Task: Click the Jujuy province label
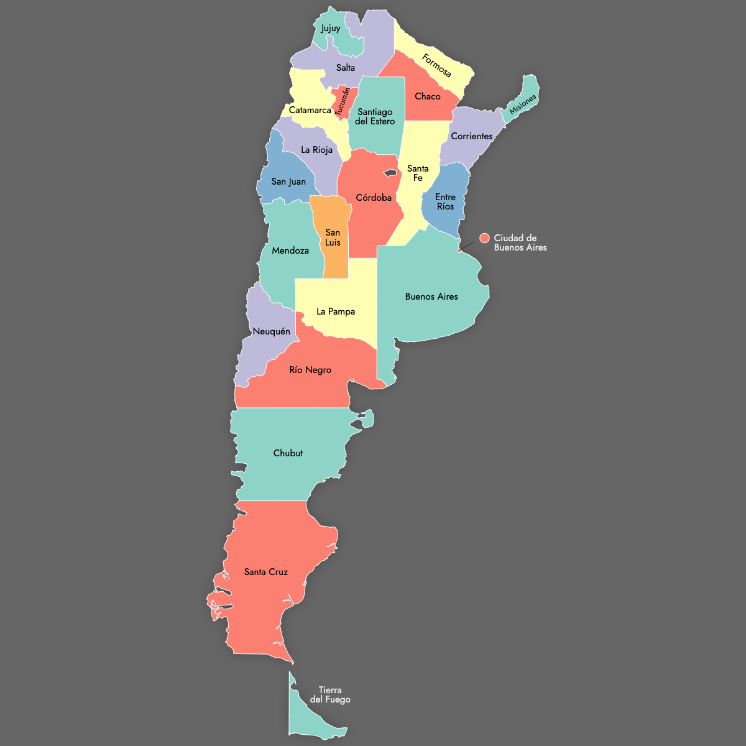pos(331,28)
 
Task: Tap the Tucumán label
pos(342,102)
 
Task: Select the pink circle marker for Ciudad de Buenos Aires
pos(485,238)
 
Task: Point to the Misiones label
pos(523,105)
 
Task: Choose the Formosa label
pos(436,66)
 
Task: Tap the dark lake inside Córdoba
pos(390,173)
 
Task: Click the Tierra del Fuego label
pos(330,694)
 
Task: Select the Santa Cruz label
pos(266,572)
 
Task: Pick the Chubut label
pos(288,453)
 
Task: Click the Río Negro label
pos(310,370)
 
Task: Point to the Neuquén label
pos(271,331)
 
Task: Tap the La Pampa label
pos(336,311)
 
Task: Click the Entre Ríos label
pos(445,201)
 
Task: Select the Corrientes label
pos(472,136)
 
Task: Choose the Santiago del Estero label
pos(375,116)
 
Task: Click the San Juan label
pos(288,182)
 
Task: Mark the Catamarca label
pos(310,110)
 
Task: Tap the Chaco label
pos(428,96)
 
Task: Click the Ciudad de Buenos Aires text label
pos(520,242)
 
